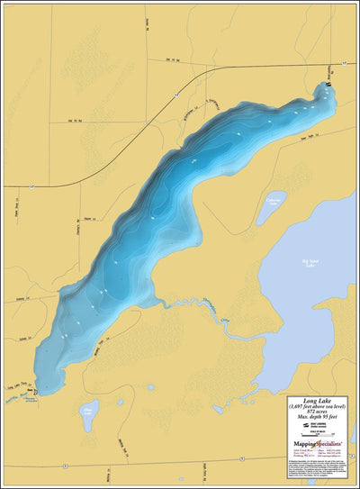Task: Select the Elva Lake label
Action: point(87,414)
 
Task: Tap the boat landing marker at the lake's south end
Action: point(37,392)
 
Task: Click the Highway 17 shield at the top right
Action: point(343,65)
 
